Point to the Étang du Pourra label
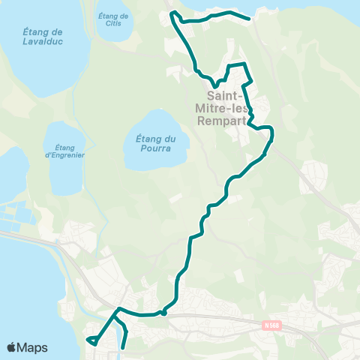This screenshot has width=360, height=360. click(x=155, y=142)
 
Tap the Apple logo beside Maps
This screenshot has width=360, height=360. click(x=11, y=348)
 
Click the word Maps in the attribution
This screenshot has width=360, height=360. click(x=33, y=348)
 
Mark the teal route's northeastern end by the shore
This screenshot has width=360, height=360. click(x=249, y=18)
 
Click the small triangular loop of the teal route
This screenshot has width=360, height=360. click(x=94, y=341)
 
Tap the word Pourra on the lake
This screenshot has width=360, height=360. click(x=155, y=148)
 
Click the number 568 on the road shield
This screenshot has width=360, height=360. click(x=275, y=325)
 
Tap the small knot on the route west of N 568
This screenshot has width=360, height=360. click(x=163, y=313)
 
